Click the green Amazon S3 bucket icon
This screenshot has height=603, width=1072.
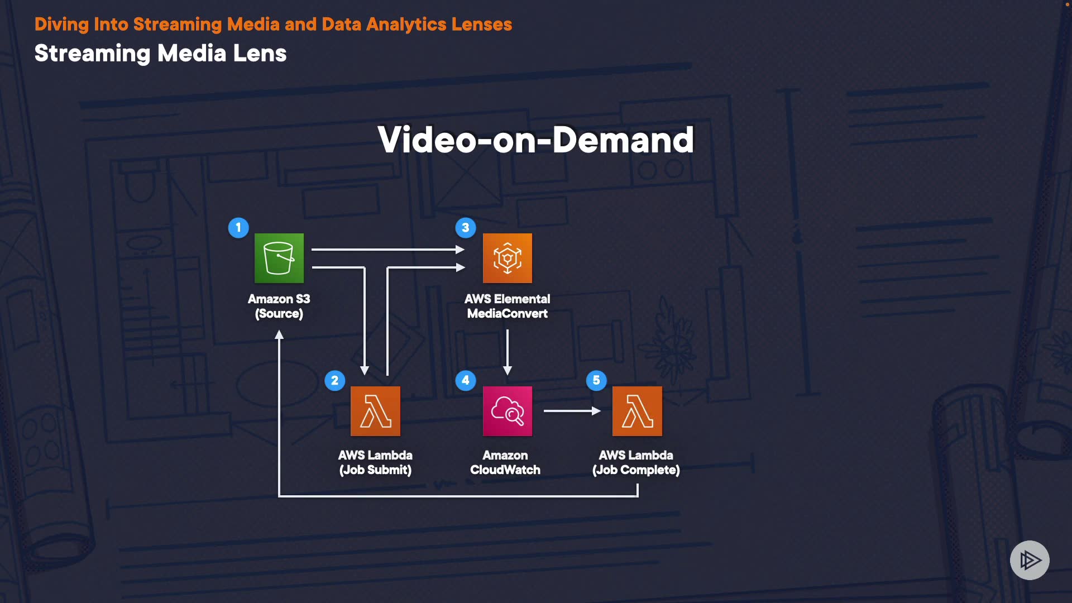279,258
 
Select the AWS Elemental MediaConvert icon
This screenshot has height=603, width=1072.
507,258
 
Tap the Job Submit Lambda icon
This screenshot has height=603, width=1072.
375,411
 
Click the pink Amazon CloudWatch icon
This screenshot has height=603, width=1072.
507,411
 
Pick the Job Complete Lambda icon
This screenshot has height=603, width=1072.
637,411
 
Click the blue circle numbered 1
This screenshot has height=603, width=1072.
238,228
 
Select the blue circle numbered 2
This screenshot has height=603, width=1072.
335,381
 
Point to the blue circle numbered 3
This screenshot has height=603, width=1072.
466,228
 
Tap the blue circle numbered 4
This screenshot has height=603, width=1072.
466,381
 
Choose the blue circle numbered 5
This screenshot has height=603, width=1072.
596,381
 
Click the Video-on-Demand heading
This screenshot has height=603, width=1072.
535,140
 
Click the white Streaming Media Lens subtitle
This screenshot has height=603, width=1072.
160,54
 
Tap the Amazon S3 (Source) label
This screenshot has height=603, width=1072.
279,306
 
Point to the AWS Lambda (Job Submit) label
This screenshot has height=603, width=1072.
375,462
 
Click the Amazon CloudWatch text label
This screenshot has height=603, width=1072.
505,462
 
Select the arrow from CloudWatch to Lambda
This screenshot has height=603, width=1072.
572,411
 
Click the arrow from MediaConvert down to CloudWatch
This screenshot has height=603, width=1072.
508,352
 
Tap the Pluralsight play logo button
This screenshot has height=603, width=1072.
1030,560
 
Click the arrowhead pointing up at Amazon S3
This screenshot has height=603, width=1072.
279,335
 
